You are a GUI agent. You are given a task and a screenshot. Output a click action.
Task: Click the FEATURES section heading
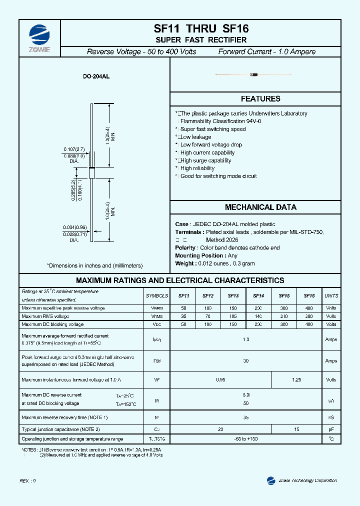point(260,99)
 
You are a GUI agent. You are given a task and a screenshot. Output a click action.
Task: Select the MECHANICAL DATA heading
point(260,207)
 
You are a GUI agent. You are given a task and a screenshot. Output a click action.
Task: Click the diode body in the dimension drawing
point(91,172)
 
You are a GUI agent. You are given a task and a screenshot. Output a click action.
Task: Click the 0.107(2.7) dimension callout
point(74,149)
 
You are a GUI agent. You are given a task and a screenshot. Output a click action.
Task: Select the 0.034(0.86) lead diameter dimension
point(75,227)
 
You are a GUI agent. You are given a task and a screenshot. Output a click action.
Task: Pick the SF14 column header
point(258,295)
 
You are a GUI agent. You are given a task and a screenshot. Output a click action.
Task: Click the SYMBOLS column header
point(156,295)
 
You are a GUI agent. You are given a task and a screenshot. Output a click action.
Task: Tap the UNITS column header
point(331,295)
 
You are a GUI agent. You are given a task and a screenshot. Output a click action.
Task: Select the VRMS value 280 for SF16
point(309,316)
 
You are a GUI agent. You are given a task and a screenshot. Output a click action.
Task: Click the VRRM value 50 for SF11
point(183,308)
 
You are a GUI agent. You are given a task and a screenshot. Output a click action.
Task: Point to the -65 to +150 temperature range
point(245,438)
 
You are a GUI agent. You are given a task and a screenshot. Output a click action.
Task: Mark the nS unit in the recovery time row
point(331,417)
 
